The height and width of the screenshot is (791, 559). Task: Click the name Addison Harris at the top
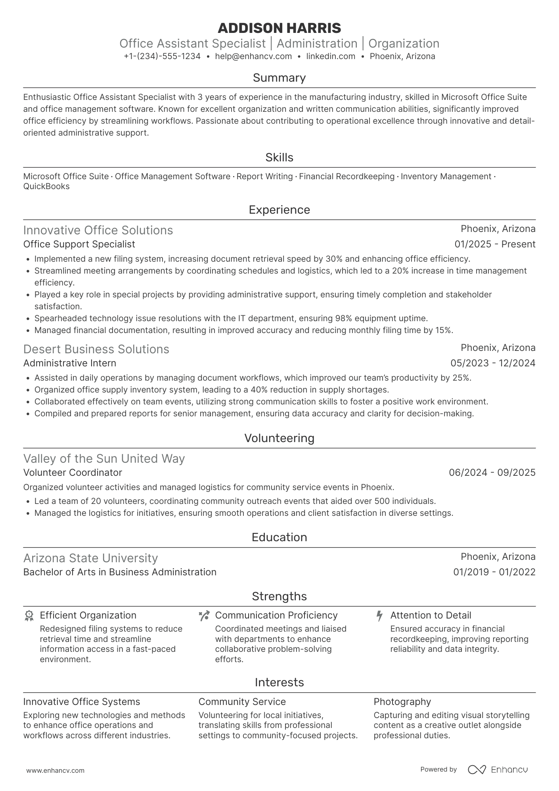tap(279, 28)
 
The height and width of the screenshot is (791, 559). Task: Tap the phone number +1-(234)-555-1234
tap(162, 56)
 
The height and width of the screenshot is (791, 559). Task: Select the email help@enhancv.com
tap(253, 56)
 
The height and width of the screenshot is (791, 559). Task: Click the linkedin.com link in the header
tap(331, 56)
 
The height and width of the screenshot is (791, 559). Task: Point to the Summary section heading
tap(279, 78)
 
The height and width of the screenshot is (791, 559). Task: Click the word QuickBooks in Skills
tap(46, 186)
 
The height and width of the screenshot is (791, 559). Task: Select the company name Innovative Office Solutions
tap(98, 230)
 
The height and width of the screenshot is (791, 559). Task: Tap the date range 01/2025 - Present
tap(495, 244)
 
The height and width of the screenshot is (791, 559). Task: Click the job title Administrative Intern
tap(70, 363)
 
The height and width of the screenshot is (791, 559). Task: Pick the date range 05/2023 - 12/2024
tap(493, 363)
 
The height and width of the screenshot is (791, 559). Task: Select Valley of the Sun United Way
tap(104, 459)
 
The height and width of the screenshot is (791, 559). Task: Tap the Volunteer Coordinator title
tap(73, 473)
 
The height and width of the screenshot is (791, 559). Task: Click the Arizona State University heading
tap(90, 558)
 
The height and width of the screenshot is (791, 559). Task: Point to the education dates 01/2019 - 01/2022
tap(494, 572)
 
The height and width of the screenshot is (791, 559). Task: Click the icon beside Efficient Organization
tap(29, 616)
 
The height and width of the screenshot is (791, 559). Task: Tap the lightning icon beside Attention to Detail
tap(379, 616)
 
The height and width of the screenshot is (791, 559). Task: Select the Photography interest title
tap(402, 702)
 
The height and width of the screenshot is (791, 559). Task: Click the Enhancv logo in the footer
tap(498, 770)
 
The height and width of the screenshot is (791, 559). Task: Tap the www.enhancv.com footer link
tap(55, 770)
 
